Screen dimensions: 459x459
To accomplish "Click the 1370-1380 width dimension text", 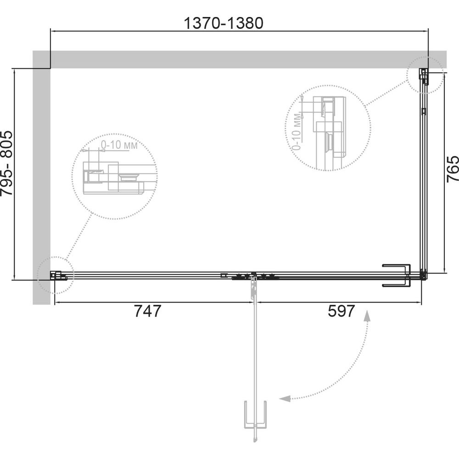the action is [224, 23].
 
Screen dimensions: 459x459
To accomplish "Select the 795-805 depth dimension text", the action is [7, 163].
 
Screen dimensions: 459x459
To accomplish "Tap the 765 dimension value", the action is [453, 169].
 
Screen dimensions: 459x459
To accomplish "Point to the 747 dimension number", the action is [147, 311].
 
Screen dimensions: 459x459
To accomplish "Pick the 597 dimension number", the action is [341, 311].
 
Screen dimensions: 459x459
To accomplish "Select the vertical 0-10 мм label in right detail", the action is [297, 132].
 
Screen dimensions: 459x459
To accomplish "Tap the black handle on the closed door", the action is [397, 275].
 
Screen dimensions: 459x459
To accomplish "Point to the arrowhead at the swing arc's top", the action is [367, 316].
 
